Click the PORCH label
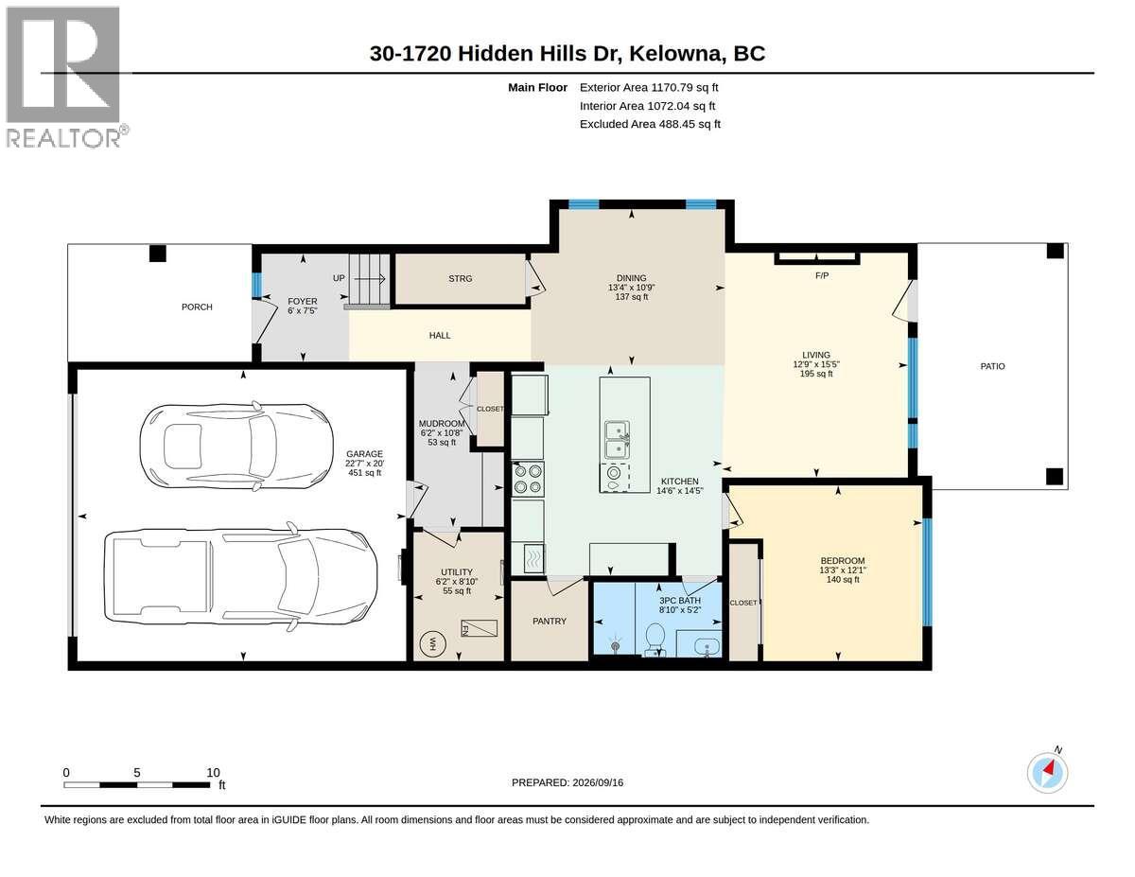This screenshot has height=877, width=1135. coord(197,307)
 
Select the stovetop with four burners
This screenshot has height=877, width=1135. coord(528,479)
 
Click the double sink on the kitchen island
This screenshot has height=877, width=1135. coord(618,439)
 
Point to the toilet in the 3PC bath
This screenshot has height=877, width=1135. coord(654,640)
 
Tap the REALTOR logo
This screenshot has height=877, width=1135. coord(64,77)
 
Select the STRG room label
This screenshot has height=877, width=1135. coord(461,279)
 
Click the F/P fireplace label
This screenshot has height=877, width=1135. coord(822,276)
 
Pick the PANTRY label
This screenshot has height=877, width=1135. coord(550,621)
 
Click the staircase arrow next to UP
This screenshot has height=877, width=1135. coord(372,279)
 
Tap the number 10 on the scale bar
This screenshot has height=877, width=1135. coord(213,773)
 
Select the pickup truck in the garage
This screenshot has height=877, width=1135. coord(241,577)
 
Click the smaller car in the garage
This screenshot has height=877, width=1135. coord(236,447)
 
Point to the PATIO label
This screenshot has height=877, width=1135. coord(992,367)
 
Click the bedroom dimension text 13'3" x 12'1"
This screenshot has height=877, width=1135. coord(843,570)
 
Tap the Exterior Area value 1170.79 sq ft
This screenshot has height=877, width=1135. coord(685,88)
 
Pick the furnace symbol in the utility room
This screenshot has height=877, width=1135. coord(479,628)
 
